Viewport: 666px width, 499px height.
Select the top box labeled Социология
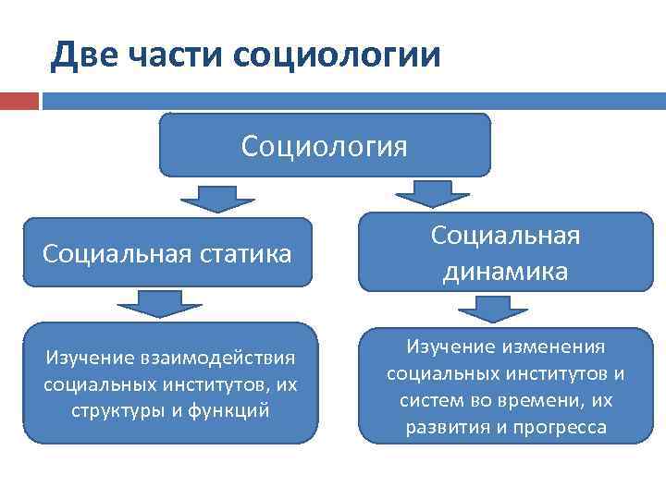325,145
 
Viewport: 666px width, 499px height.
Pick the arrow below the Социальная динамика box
503,308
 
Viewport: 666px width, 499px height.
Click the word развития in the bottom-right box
440,428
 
